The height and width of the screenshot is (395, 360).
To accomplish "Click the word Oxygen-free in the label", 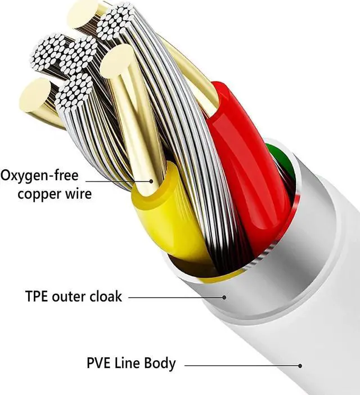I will point(39,176).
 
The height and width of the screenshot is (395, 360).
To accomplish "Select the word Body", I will point(161,363).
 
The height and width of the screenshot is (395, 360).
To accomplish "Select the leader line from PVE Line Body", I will point(242,366).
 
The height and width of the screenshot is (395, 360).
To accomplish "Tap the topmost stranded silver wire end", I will point(118,23).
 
